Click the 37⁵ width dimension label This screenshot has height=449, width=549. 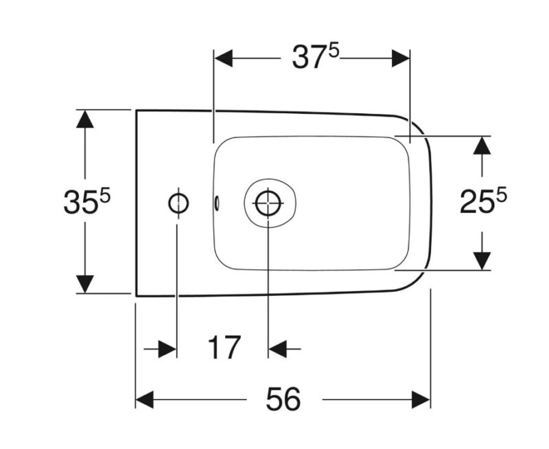pos(316,57)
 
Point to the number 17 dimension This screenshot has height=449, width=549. pos(224,347)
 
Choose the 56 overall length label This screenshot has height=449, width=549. pos(283,399)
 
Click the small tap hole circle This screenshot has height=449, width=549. pos(178,203)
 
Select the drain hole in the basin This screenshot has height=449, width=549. pos(268,203)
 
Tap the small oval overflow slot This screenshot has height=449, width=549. pos(217,203)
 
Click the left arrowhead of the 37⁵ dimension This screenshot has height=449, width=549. pos(224,58)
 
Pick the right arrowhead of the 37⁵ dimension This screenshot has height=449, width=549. pos(401,58)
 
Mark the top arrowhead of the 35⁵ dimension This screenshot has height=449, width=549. pos(84,119)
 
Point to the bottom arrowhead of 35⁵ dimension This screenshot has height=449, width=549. pos(84,284)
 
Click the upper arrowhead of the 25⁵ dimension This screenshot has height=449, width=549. pos(482,146)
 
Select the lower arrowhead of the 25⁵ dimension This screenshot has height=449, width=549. pos(482,261)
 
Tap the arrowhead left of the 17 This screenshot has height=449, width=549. pos(167,349)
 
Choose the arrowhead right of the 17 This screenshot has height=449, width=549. pos(277,349)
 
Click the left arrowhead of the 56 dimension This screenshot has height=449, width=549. pos(145,400)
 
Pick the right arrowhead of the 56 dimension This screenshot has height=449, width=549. pos(421,400)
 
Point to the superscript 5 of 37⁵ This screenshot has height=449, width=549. pos(334,51)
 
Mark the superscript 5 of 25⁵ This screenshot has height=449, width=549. pos(502,195)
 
